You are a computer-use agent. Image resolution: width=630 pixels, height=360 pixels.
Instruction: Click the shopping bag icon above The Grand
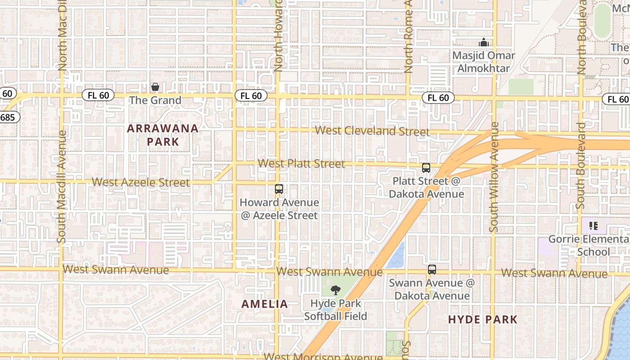(155, 87)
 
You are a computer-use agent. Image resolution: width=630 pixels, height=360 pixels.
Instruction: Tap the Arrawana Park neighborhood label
(162, 135)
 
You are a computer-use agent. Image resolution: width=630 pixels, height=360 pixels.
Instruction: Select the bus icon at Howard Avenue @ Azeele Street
(279, 189)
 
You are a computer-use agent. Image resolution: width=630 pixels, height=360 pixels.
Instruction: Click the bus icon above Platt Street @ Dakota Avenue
(426, 168)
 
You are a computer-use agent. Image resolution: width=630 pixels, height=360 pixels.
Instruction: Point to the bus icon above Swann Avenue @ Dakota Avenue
(432, 270)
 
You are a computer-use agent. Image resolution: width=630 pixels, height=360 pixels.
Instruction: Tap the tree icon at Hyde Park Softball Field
(335, 290)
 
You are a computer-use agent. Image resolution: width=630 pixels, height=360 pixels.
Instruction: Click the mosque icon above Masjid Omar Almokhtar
(484, 43)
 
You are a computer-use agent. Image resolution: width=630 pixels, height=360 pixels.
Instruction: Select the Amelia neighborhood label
(265, 304)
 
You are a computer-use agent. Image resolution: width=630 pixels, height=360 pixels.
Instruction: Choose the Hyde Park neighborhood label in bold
(483, 319)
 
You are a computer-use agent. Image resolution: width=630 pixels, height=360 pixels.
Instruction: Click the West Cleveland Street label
(372, 131)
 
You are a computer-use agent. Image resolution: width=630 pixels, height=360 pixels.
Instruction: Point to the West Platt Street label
(301, 163)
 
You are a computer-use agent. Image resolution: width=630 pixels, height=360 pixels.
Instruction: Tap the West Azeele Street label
(141, 182)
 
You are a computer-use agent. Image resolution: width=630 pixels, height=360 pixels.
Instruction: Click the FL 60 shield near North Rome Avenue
(438, 98)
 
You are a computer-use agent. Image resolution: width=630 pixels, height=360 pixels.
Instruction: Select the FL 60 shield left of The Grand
(98, 95)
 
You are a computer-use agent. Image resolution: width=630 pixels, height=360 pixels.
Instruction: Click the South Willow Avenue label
(494, 177)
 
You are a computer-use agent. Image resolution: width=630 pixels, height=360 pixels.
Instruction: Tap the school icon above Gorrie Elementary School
(593, 225)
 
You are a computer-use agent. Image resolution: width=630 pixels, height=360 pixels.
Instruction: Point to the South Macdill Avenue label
(62, 187)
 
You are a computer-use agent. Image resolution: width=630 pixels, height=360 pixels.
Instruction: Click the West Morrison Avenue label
(323, 356)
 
